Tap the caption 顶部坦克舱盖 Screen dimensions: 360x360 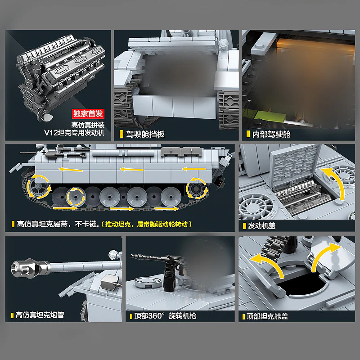click(x=268, y=316)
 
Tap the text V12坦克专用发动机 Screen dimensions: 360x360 click(x=74, y=133)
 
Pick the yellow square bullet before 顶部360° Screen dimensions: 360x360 click(x=130, y=316)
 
